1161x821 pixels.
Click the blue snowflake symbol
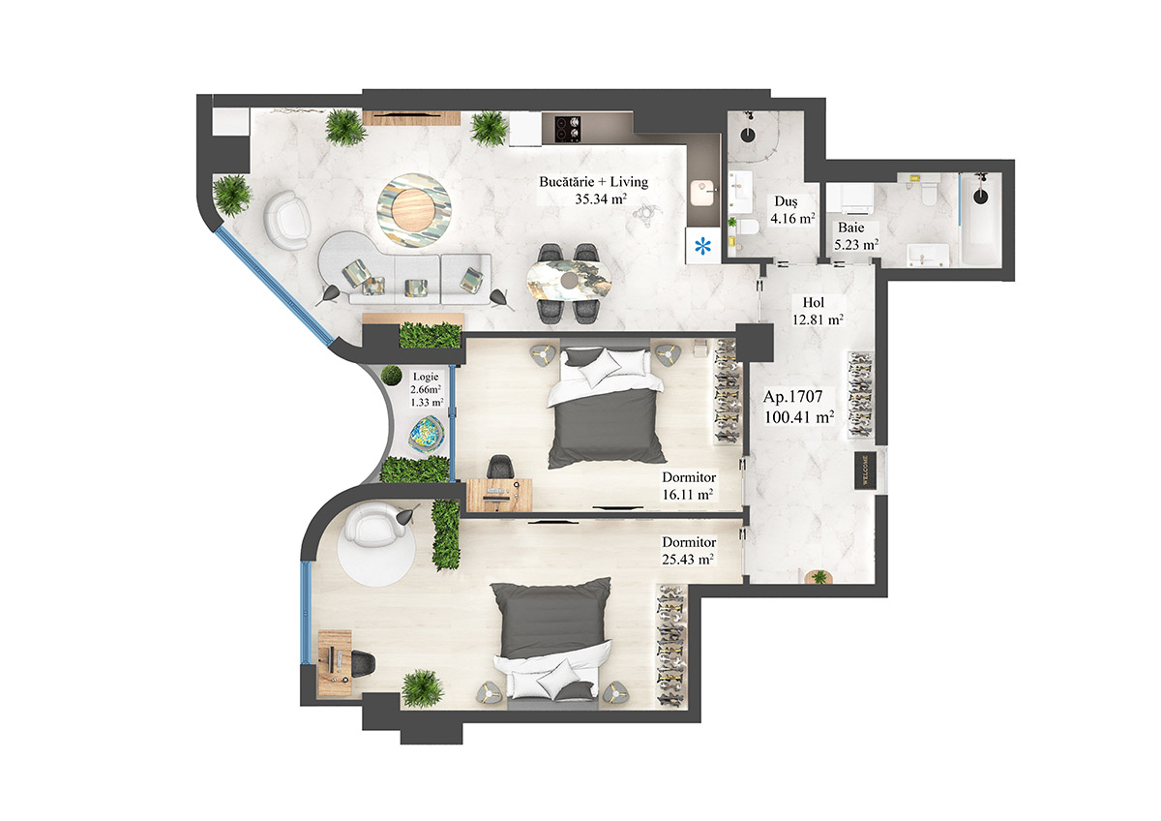coord(702,246)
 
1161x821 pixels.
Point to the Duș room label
coord(785,201)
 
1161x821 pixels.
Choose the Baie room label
coord(851,228)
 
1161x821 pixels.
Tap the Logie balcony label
coord(426,376)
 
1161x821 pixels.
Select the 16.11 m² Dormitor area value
coord(688,494)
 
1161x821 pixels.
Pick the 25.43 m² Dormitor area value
coord(688,560)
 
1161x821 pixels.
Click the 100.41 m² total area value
coord(799,418)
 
